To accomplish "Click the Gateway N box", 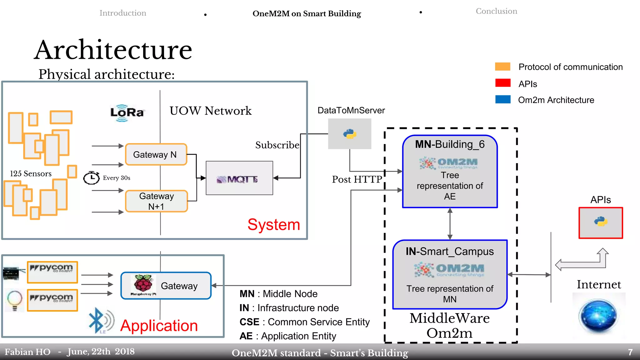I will pyautogui.click(x=156, y=154).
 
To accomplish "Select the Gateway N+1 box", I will pyautogui.click(x=156, y=201).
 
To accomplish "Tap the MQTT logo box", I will pyautogui.click(x=239, y=178).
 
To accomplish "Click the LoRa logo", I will pyautogui.click(x=127, y=112).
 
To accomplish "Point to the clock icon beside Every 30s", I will pyautogui.click(x=91, y=177).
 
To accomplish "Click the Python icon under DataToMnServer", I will pyautogui.click(x=350, y=134).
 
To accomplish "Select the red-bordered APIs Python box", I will pyautogui.click(x=600, y=222).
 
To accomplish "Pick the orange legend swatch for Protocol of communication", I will pyautogui.click(x=502, y=67).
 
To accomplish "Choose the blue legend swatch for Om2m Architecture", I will pyautogui.click(x=502, y=99).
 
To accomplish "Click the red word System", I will pyautogui.click(x=273, y=224).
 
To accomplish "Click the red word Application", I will pyautogui.click(x=159, y=326).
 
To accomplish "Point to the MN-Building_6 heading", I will pyautogui.click(x=449, y=144).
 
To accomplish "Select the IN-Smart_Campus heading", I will pyautogui.click(x=449, y=252).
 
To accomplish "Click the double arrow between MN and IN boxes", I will pyautogui.click(x=450, y=224).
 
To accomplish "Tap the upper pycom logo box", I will pyautogui.click(x=52, y=272).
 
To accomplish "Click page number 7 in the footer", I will pyautogui.click(x=630, y=352).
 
